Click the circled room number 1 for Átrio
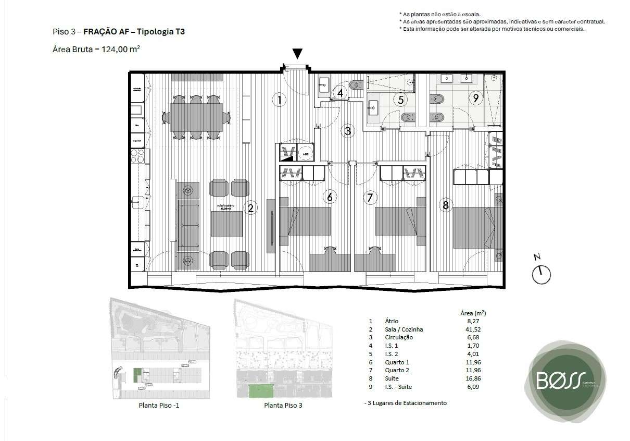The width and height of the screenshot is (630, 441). pyautogui.click(x=280, y=100)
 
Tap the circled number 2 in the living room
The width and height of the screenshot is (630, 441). pyautogui.click(x=250, y=209)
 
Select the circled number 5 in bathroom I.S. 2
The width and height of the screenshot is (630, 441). pyautogui.click(x=401, y=100)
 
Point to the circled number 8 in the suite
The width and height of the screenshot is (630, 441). pyautogui.click(x=445, y=205)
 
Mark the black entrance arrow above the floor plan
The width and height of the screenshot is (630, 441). pyautogui.click(x=297, y=53)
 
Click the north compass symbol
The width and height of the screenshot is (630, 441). pyautogui.click(x=541, y=273)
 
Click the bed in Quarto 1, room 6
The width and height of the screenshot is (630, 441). pyautogui.click(x=305, y=222)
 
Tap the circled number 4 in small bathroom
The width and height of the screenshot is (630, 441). pyautogui.click(x=341, y=93)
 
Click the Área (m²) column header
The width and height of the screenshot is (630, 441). pyautogui.click(x=473, y=313)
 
